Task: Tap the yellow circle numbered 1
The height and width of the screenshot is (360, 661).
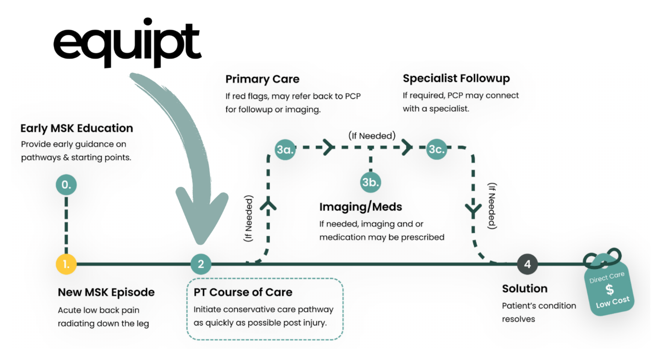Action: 66,264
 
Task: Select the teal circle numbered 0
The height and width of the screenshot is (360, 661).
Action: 66,185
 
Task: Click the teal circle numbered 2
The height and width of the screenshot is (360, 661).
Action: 201,264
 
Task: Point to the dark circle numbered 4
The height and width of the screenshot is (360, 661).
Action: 527,264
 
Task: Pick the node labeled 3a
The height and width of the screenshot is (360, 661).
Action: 285,149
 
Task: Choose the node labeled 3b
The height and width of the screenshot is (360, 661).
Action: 371,182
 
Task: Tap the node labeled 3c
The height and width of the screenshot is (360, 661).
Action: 437,149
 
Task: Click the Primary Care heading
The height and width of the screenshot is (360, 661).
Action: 262,79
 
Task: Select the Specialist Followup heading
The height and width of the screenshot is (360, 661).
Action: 456,78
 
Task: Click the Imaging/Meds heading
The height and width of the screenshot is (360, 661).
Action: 361,207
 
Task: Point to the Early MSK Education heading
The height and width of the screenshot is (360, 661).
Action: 77,128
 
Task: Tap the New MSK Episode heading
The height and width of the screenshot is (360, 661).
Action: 106,292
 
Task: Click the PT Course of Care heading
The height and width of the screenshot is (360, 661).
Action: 243,292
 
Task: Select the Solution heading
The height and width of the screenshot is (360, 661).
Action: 524,288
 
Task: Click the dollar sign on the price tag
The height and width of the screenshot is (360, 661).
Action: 610,290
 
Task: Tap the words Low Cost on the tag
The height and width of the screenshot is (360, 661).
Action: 613,302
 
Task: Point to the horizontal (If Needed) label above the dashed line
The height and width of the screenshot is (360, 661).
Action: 372,136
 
